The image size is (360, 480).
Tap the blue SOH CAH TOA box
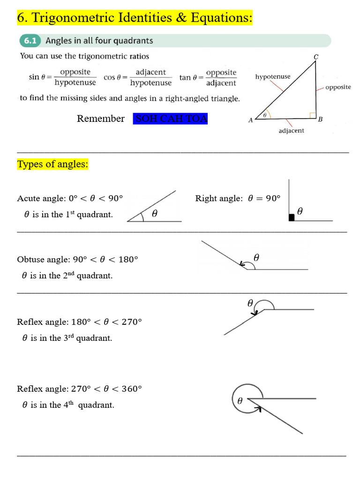tap(171, 119)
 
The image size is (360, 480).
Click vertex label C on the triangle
tap(316, 57)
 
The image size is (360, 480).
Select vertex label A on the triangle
tap(250, 120)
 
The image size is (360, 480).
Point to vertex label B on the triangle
tap(320, 119)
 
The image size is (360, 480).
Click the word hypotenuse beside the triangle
tap(273, 76)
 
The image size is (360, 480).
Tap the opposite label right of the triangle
tap(338, 87)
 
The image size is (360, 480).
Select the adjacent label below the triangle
tap(291, 131)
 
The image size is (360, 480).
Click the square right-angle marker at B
tap(312, 115)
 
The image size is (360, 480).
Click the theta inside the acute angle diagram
tap(154, 214)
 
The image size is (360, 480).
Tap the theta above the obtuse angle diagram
tap(256, 257)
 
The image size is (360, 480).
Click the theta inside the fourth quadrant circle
tap(240, 401)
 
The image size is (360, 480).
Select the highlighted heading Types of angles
tap(52, 165)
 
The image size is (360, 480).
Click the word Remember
tap(101, 119)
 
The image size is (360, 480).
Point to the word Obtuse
tap(30, 259)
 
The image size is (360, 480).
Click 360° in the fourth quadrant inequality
tap(131, 389)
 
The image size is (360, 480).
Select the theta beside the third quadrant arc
tap(250, 303)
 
